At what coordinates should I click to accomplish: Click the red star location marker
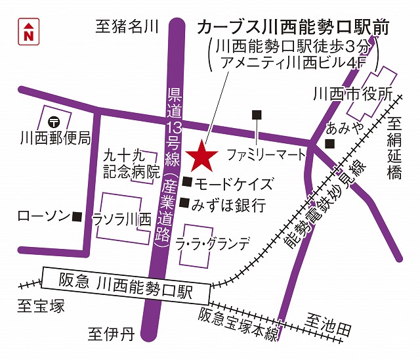[x=201, y=156]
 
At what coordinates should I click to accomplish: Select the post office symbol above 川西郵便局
[x=54, y=122]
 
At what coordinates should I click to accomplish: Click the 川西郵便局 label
[x=54, y=139]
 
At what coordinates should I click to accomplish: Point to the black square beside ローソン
[x=77, y=215]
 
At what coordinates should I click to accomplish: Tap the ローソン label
[x=43, y=215]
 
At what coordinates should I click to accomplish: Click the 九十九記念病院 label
[x=132, y=165]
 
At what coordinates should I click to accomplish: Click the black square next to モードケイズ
[x=187, y=182]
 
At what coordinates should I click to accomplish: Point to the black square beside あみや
[x=329, y=144]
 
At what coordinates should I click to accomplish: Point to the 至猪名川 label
[x=127, y=27]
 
